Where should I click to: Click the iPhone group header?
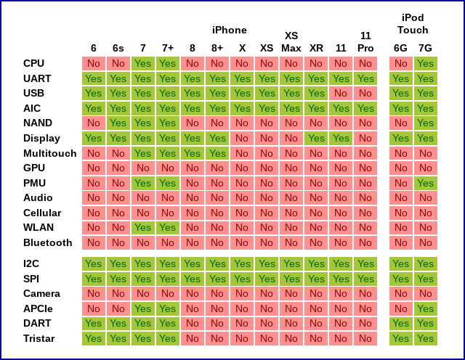229,30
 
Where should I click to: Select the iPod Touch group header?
413,24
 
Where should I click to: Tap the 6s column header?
118,48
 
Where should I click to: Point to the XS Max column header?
291,41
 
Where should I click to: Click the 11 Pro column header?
365,41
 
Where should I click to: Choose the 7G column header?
425,48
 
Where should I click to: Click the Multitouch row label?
50,153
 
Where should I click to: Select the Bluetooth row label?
48,242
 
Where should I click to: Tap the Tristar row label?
39,338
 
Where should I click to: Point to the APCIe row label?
39,308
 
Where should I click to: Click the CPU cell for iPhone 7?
143,63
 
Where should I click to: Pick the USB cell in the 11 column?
341,93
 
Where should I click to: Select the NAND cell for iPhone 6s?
118,123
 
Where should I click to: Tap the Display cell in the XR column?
316,138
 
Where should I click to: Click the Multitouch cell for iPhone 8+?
217,153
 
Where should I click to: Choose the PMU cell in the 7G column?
425,183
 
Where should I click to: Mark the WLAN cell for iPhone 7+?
168,227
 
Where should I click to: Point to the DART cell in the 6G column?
400,323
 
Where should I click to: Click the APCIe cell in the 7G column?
425,308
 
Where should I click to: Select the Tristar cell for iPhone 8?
193,338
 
